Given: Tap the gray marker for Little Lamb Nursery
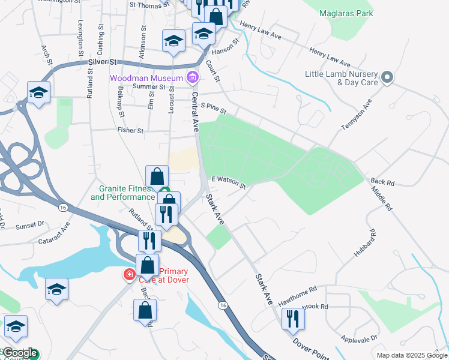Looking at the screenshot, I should coord(387,77).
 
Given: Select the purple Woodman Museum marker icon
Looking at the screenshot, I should coord(192,77).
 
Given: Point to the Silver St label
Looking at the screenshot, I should coord(102,62).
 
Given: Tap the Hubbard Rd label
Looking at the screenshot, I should coord(364,242).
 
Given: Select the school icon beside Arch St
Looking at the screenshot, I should coord(38,92).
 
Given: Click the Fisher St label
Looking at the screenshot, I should coord(130,130).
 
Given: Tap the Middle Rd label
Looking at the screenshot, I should coord(381,199).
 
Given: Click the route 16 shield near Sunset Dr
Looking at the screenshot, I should coord(62,206).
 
